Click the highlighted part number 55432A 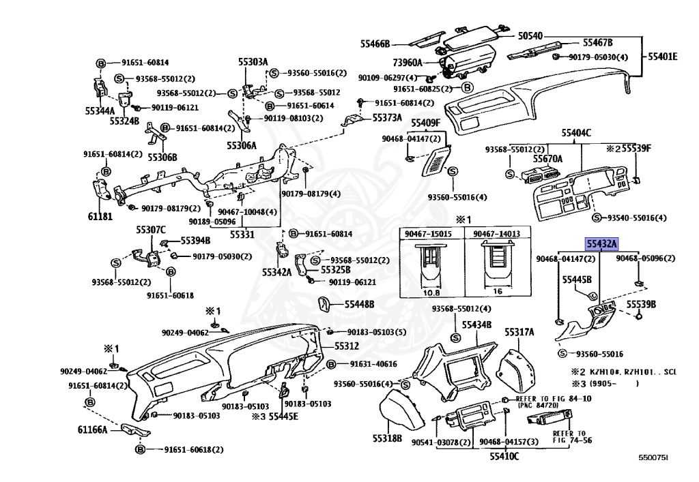[599, 242]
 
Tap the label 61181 [99, 216]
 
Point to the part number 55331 [242, 234]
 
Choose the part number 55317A [519, 332]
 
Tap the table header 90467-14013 [497, 234]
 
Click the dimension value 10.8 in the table [431, 291]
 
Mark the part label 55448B [359, 304]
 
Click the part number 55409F [426, 123]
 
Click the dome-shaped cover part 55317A [517, 365]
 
